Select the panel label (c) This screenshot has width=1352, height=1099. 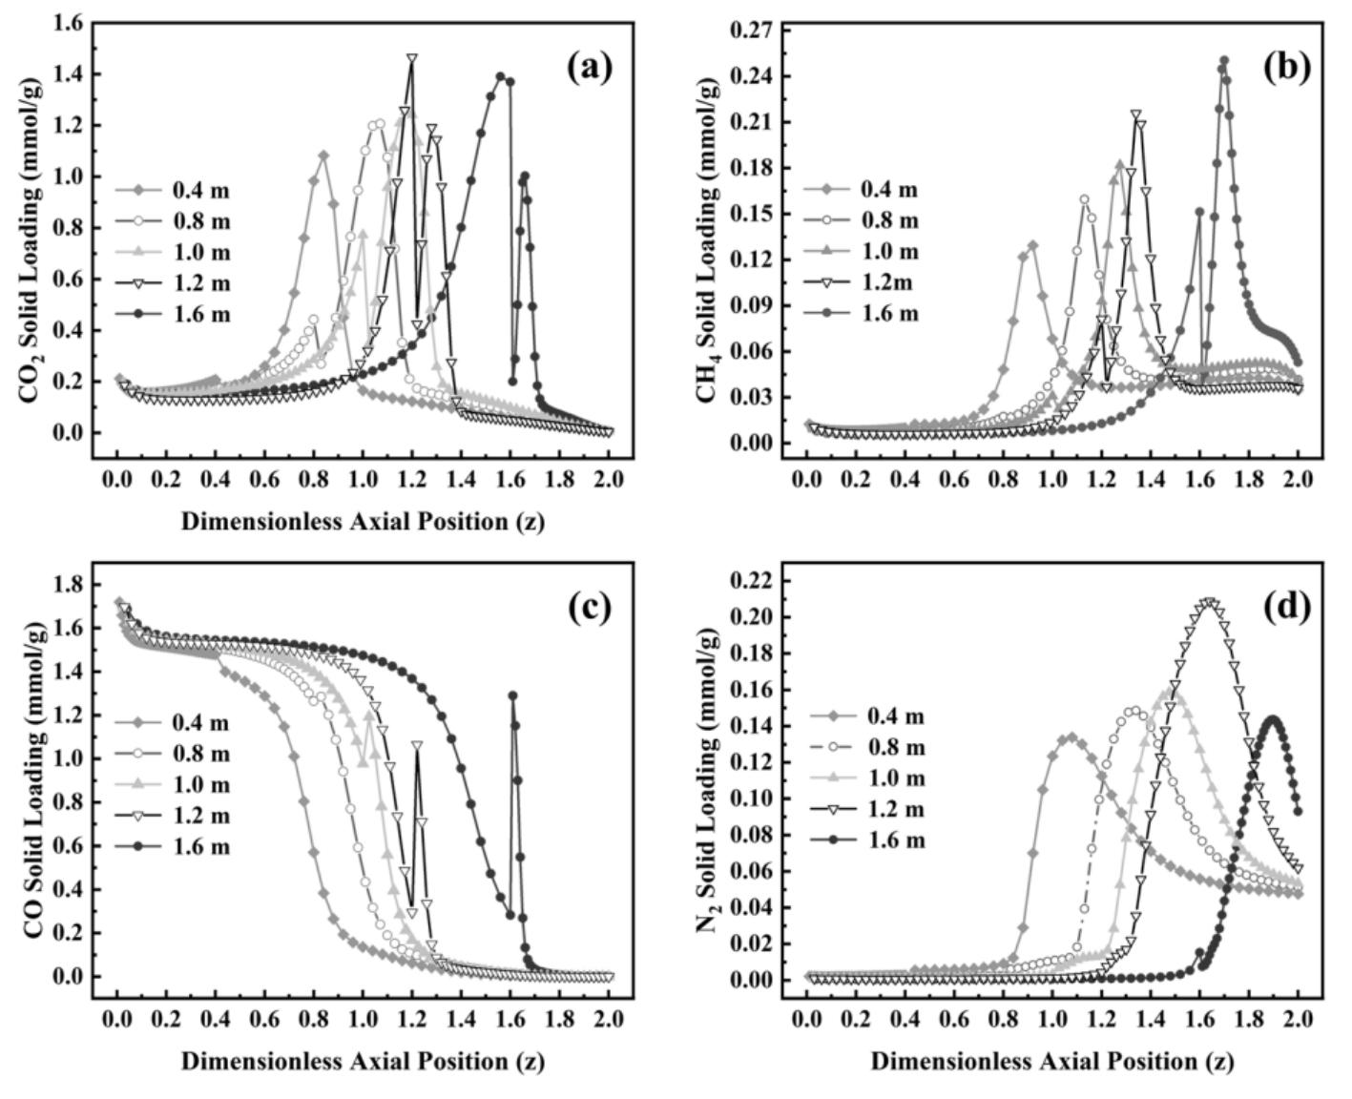point(589,608)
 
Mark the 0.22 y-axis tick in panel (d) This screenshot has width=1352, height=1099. point(750,581)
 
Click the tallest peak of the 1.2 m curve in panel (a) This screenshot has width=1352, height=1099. point(411,59)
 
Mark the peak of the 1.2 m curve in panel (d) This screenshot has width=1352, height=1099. point(1210,602)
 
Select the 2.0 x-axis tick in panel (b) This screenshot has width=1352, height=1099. point(1298,479)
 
